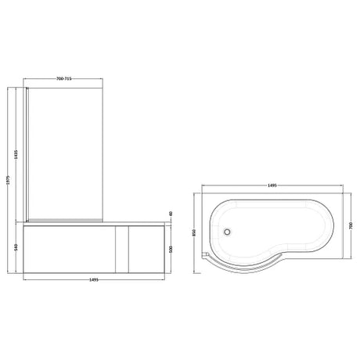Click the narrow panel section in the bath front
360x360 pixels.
122,249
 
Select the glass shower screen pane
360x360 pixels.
67,149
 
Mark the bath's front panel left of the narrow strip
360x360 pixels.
70,249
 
